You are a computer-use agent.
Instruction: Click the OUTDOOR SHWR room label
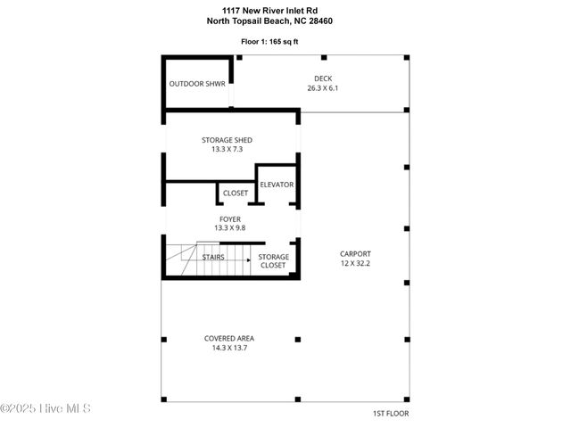click(197, 85)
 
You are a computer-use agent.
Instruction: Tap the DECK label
click(322, 78)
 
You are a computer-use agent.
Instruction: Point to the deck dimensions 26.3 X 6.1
click(322, 88)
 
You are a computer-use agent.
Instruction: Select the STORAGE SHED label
click(227, 140)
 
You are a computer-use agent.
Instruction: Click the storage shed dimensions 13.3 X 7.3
click(227, 150)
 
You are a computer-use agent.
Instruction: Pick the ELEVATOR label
click(277, 185)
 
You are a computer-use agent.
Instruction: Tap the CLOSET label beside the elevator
click(236, 193)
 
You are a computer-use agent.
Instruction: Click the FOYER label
click(230, 218)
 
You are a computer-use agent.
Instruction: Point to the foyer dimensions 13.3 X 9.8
click(230, 228)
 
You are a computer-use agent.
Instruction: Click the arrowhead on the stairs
click(249, 260)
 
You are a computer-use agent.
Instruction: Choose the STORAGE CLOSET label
click(273, 261)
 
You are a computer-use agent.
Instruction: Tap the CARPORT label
click(355, 253)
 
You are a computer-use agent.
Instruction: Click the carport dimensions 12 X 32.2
click(355, 263)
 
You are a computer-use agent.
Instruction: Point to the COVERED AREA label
click(229, 338)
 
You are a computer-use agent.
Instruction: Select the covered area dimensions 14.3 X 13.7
click(229, 348)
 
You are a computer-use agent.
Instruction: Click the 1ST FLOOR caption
click(391, 414)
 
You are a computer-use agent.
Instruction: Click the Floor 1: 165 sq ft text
click(282, 41)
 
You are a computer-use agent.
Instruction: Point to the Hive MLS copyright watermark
click(46, 409)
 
